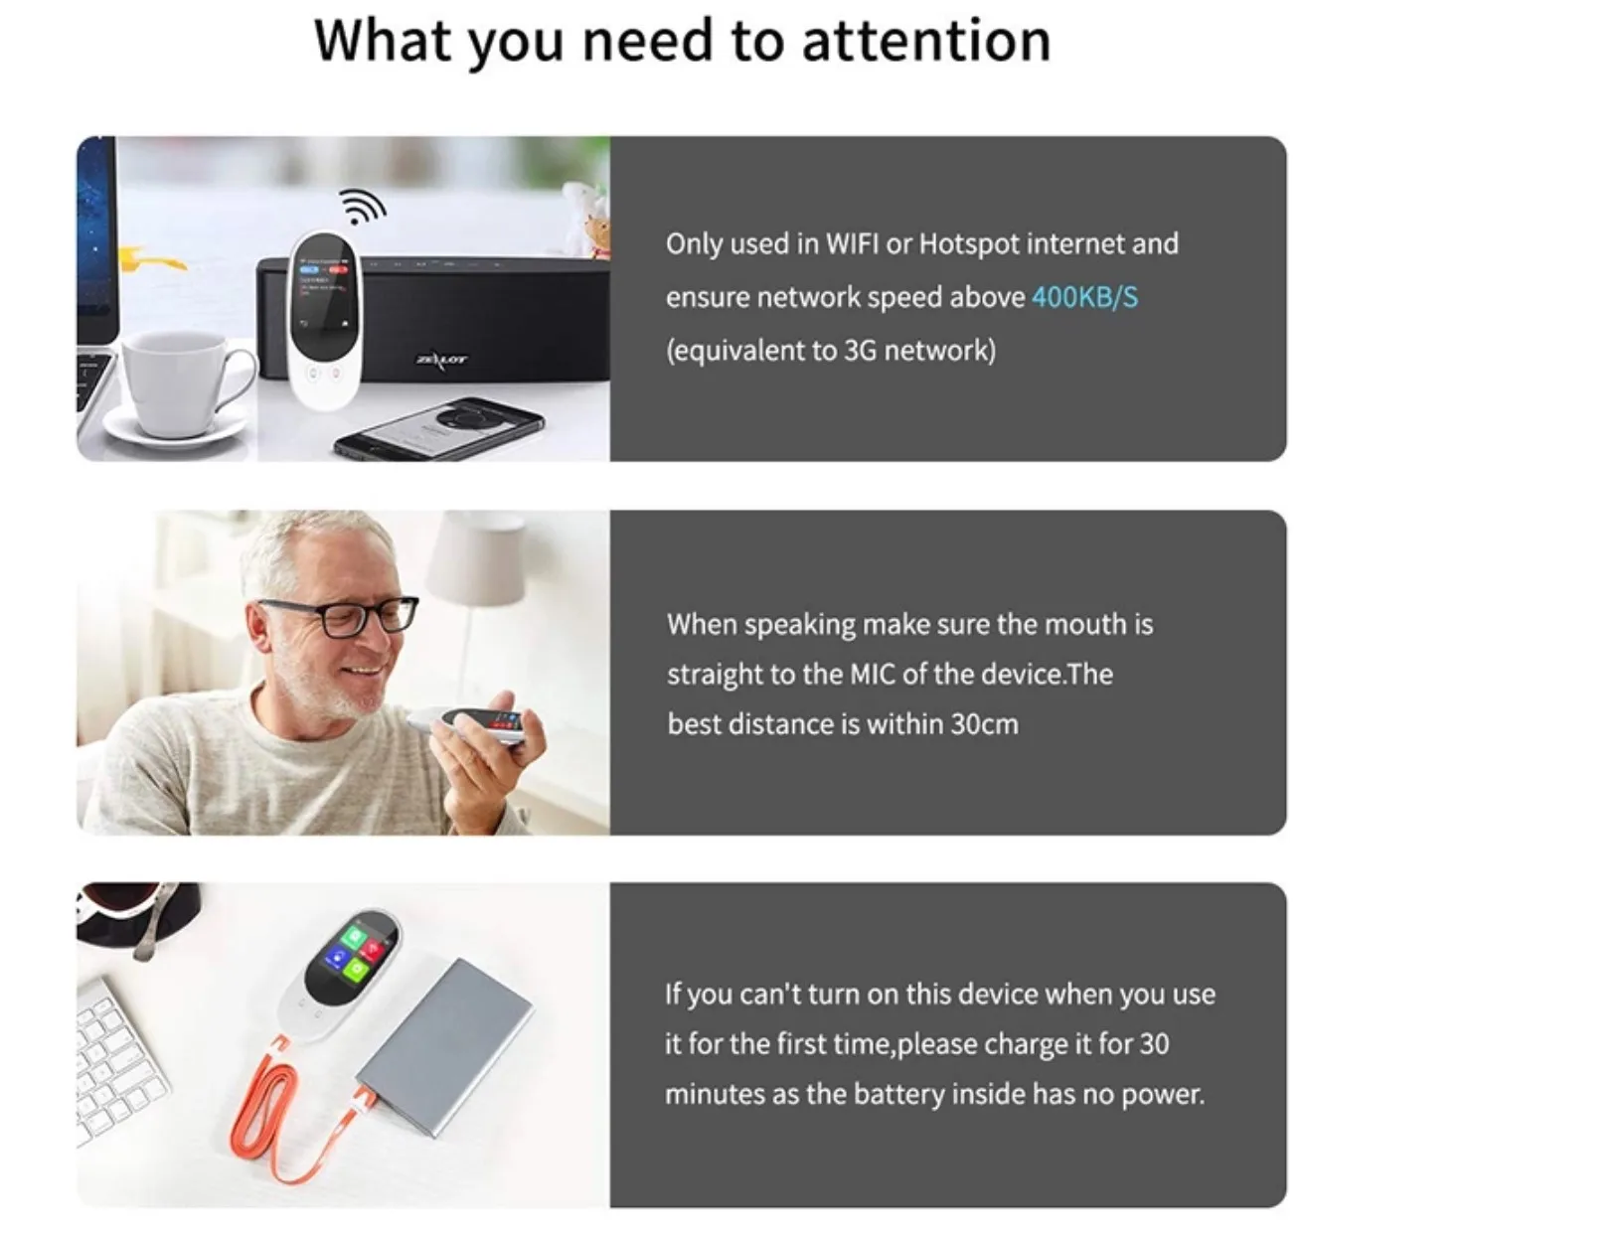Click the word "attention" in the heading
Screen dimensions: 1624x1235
925,41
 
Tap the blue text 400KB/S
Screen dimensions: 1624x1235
1084,297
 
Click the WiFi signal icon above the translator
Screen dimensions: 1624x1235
362,206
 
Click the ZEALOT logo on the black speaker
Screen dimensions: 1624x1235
441,360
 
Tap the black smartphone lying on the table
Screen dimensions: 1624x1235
438,428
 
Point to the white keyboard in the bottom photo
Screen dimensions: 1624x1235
118,1065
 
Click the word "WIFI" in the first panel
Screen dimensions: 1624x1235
853,244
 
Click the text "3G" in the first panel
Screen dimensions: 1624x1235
860,351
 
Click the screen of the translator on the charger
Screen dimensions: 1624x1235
351,960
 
